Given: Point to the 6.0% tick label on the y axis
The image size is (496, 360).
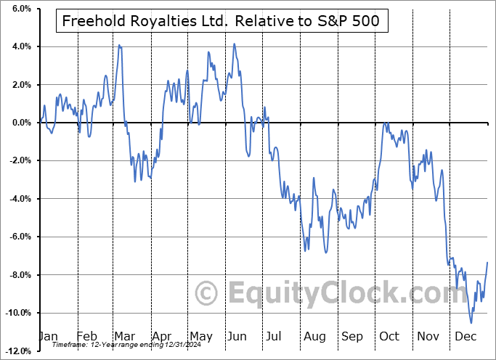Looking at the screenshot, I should point(20,9).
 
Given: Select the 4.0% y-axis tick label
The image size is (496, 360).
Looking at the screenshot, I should point(20,46).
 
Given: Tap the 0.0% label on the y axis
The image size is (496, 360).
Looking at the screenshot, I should point(20,123).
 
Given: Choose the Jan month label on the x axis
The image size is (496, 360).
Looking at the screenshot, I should point(49,336).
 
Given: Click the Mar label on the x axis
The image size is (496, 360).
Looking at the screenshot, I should point(125,336).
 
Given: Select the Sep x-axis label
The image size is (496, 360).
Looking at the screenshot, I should point(351,336).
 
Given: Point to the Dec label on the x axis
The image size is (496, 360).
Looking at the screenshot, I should point(465,336).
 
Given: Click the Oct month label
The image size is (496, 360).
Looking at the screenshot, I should point(389,336).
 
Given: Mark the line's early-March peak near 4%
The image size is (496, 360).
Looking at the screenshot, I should point(120,46).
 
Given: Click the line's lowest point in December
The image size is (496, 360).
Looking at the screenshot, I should point(471,323).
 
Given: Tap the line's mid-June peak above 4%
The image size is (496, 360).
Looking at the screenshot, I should point(234,44).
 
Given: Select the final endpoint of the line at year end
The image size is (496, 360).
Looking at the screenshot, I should point(487,262).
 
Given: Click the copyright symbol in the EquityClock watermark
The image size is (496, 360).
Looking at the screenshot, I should point(207,294).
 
